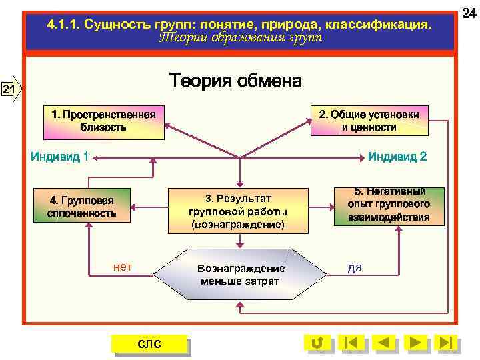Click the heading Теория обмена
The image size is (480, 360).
235,81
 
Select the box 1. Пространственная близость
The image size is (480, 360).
103,121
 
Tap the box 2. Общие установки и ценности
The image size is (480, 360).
369,121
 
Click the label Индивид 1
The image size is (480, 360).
61,157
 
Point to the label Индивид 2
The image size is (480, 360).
397,157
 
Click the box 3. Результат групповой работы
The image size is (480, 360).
238,211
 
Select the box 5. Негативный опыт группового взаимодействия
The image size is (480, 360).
389,205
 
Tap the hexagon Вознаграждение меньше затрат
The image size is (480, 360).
240,274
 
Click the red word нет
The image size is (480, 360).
123,267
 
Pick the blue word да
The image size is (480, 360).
355,267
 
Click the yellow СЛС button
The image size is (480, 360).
149,343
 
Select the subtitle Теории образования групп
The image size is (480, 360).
240,38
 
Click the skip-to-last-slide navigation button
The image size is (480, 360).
447,343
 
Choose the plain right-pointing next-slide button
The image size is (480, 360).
415,343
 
